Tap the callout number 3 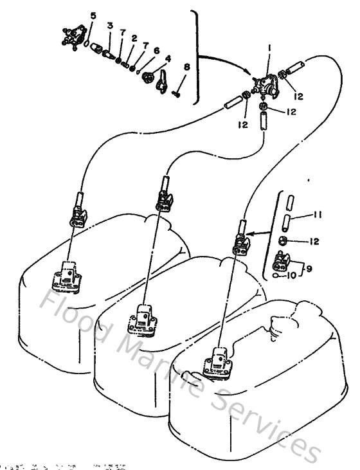pyautogui.click(x=110, y=26)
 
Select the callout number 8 pyautogui.click(x=186, y=66)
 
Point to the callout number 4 pyautogui.click(x=168, y=58)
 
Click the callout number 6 pyautogui.click(x=156, y=50)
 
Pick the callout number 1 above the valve pyautogui.click(x=269, y=47)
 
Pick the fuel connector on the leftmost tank pyautogui.click(x=67, y=276)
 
